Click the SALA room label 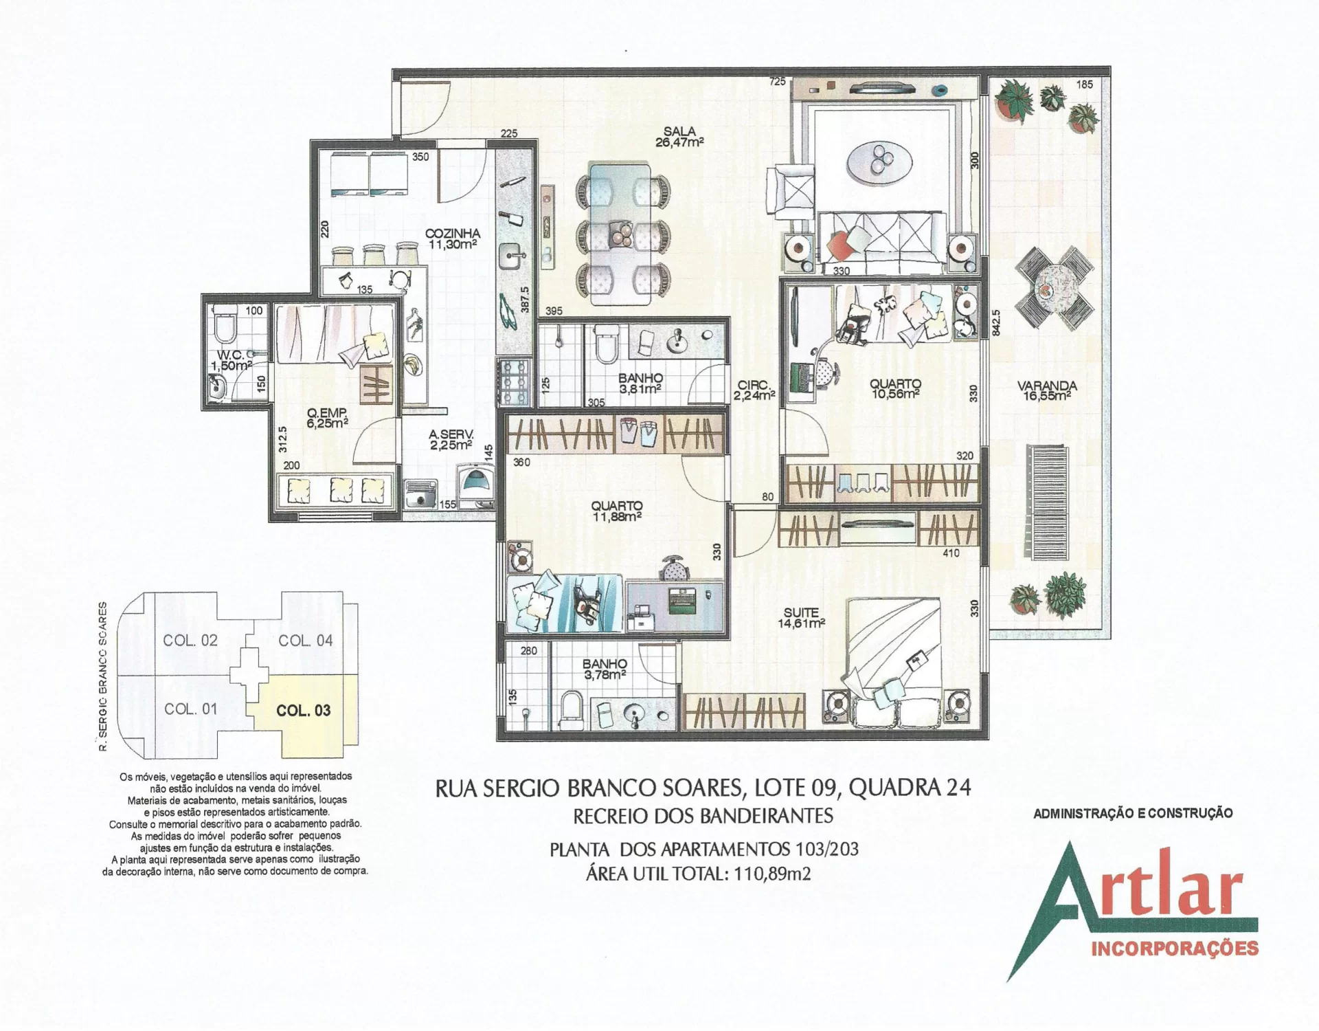point(679,131)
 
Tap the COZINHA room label point(452,234)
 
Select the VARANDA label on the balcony point(1047,386)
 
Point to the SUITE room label point(801,612)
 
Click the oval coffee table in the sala point(879,163)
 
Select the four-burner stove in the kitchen point(513,381)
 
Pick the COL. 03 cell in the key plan point(303,710)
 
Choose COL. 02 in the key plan point(190,640)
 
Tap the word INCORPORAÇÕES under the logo point(1175,949)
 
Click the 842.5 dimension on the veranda point(996,322)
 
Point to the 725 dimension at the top point(777,82)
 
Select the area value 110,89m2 point(772,874)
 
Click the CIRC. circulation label point(754,385)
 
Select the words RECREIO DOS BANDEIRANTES point(703,816)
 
